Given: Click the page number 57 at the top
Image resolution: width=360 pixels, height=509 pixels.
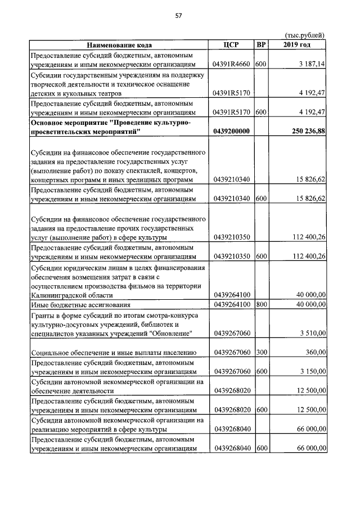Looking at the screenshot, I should [x=179, y=16].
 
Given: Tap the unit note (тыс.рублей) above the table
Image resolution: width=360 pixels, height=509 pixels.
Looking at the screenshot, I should [x=305, y=35].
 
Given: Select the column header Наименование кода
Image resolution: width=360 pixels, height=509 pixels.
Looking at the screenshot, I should [x=119, y=45].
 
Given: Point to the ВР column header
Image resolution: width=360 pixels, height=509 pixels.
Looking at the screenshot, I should [x=260, y=45].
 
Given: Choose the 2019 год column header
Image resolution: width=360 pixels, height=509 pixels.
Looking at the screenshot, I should [x=297, y=45].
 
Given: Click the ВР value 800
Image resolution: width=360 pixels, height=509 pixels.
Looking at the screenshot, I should [x=260, y=304].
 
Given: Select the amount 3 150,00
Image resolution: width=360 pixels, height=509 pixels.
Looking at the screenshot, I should [x=312, y=372].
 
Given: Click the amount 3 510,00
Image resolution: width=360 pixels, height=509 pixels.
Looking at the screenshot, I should [x=312, y=334].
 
